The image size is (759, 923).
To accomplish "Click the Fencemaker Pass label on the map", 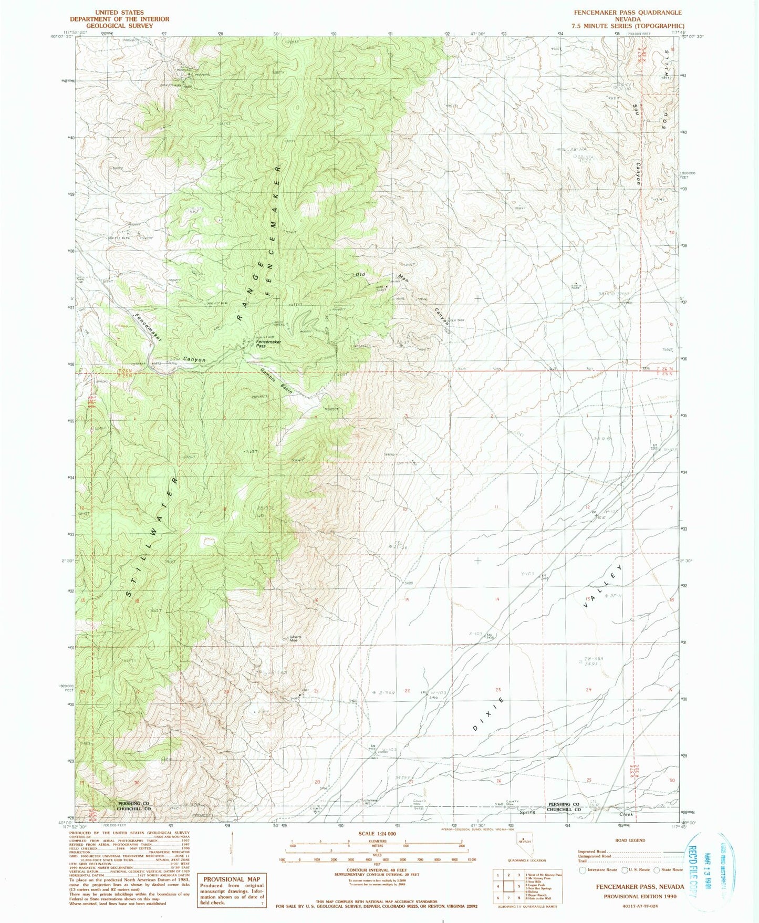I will click(x=268, y=344).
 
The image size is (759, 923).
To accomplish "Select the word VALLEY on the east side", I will click(x=604, y=586).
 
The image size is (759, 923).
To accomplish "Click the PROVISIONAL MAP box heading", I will click(x=231, y=879).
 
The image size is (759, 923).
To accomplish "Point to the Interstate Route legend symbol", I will click(x=582, y=869).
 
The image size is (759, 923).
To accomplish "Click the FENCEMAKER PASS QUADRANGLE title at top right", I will click(x=628, y=12).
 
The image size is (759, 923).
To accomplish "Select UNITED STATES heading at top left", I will click(x=120, y=12).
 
